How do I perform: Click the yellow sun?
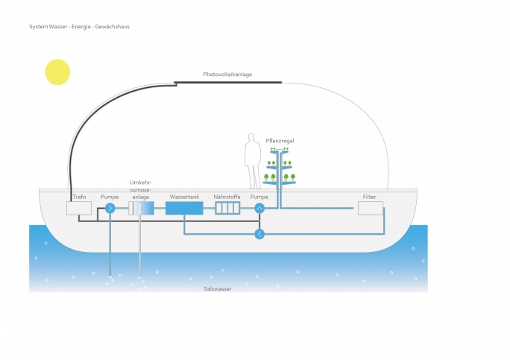click(57, 72)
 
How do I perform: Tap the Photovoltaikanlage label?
click(227, 75)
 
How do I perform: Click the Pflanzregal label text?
click(280, 141)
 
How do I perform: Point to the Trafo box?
click(79, 208)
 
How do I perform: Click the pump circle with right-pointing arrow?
click(110, 209)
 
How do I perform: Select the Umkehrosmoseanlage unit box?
click(140, 209)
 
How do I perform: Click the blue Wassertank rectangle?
click(183, 209)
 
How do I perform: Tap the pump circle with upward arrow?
click(259, 209)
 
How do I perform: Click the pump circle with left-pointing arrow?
click(259, 234)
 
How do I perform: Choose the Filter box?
click(370, 208)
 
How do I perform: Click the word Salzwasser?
click(218, 288)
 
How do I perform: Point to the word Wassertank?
click(183, 197)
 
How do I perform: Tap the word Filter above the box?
click(369, 197)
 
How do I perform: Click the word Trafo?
click(80, 197)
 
